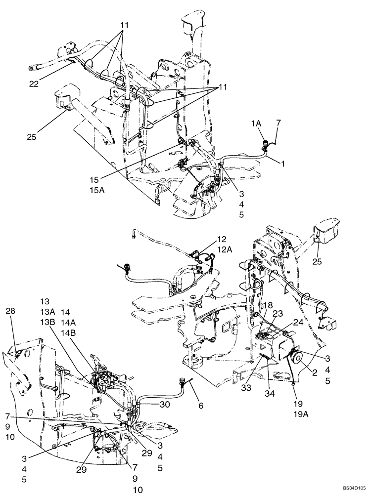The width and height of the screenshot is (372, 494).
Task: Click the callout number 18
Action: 268,307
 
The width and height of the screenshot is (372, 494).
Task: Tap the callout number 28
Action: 11,311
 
